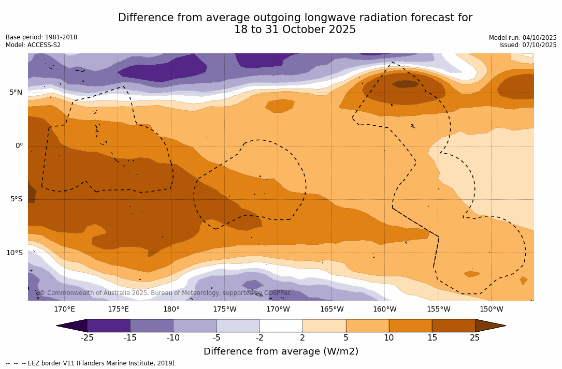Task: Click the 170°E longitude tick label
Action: tap(64, 309)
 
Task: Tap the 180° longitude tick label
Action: tap(171, 309)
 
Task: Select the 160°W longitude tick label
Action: tap(385, 309)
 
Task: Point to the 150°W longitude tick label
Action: tap(492, 309)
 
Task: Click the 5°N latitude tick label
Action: tap(16, 93)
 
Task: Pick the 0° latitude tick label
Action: tap(19, 146)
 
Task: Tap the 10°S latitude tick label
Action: tap(14, 253)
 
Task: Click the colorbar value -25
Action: tap(87, 338)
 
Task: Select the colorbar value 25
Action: tap(475, 338)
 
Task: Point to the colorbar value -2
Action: tap(260, 338)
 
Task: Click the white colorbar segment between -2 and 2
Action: tap(281, 326)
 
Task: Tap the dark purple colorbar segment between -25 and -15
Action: tap(109, 326)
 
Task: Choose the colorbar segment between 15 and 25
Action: tap(453, 326)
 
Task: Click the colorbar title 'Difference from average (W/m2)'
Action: tap(281, 352)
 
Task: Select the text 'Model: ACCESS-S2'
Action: tap(33, 45)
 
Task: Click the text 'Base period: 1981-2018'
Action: tap(41, 37)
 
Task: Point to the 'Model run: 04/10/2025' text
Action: tap(523, 38)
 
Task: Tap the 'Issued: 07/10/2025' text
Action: tap(528, 45)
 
